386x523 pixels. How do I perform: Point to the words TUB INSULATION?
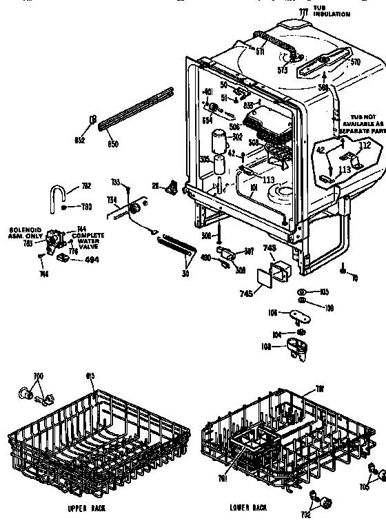click(332, 11)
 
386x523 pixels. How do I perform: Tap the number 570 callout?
click(356, 62)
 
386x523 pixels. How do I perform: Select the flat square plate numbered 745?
click(265, 276)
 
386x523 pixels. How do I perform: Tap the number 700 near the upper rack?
click(38, 376)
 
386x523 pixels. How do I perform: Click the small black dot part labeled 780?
click(64, 207)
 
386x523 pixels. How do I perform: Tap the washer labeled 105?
click(302, 292)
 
